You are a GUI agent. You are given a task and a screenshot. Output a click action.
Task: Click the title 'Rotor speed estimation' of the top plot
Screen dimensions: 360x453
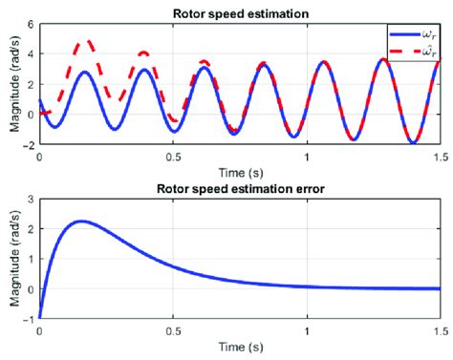239,13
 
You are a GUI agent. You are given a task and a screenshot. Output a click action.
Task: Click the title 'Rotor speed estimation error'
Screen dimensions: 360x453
239,189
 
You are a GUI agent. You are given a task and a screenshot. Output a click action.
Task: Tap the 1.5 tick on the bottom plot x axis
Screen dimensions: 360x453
441,328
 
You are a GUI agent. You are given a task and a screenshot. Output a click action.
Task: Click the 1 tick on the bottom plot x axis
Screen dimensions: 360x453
307,328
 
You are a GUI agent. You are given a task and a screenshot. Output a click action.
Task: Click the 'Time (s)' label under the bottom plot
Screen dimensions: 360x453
239,343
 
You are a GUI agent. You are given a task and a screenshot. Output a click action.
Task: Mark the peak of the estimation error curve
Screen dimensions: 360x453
80,222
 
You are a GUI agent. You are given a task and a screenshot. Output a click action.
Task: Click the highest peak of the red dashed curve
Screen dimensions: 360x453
88,42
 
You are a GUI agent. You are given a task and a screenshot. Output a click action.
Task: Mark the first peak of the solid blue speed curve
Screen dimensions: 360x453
85,72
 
